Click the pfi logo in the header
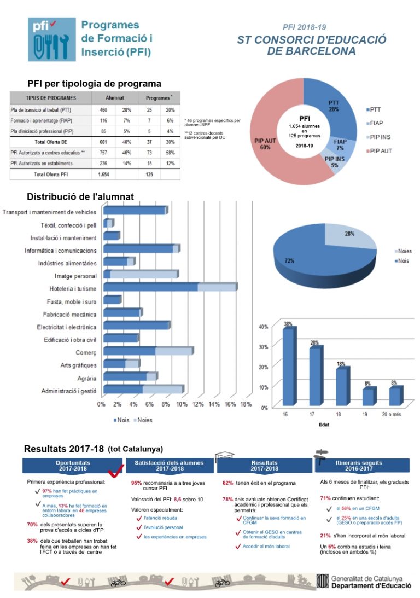pos(52,39)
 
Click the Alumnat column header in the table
pos(114,98)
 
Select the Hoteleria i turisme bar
pos(170,287)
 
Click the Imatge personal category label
pos(75,276)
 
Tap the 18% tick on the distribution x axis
pos(246,404)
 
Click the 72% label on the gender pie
pos(289,261)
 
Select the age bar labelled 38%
pos(288,367)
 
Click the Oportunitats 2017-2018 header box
pos(73,466)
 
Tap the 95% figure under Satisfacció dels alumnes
pos(136,483)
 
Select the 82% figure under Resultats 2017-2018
pos(227,483)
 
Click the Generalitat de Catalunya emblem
pos(323,581)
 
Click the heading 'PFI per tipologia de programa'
pos(94,84)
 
